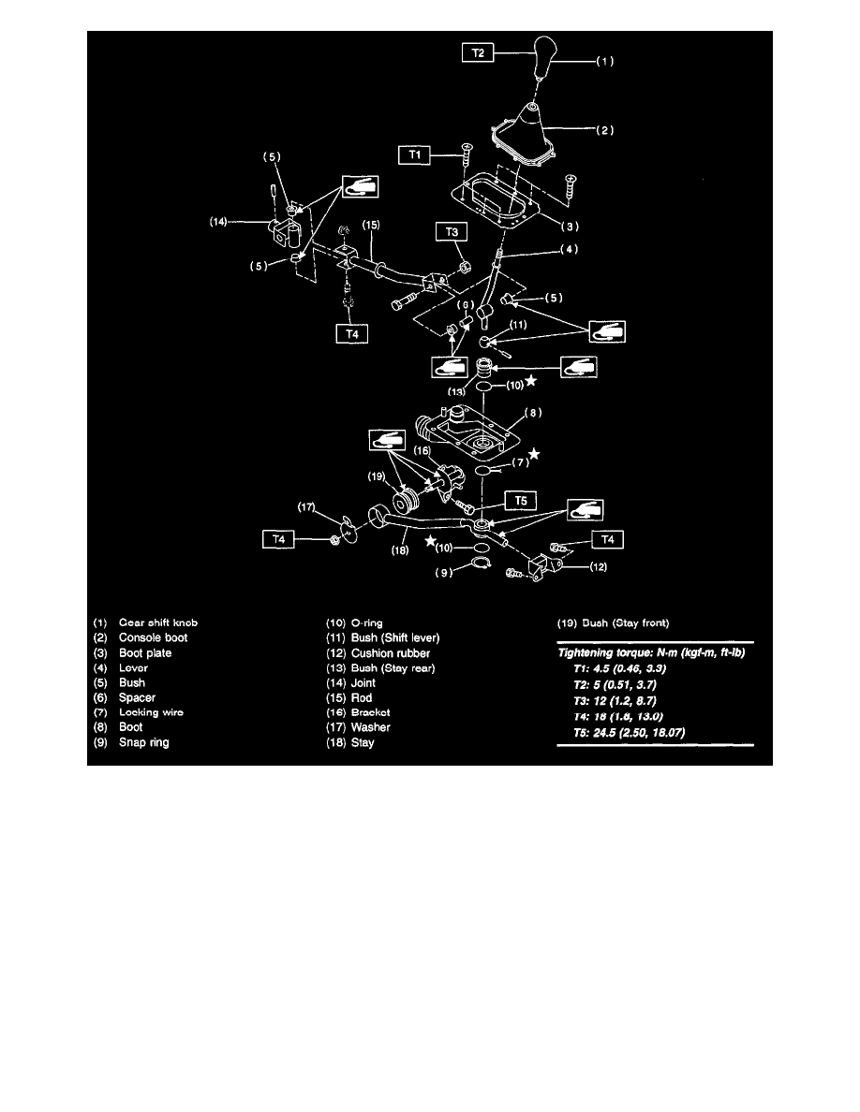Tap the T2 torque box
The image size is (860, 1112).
click(x=478, y=55)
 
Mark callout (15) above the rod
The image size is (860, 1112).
click(x=371, y=226)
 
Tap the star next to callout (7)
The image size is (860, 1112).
click(x=535, y=454)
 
